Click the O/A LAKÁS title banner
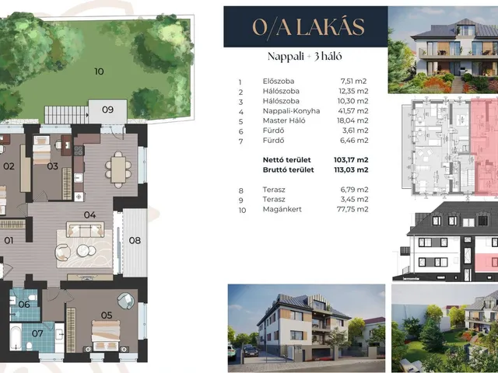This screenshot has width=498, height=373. (306, 27)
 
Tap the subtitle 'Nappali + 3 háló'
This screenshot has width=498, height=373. (304, 57)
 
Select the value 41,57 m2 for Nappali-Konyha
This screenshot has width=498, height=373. (352, 111)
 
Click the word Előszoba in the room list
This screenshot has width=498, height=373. (279, 81)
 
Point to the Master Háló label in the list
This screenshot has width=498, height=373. (284, 120)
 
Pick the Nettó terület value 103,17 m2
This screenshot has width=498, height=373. (351, 160)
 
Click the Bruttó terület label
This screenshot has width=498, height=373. (289, 169)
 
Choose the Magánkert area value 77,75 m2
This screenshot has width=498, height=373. (352, 209)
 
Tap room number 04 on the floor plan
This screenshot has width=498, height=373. (90, 215)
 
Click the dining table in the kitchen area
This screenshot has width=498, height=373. (118, 169)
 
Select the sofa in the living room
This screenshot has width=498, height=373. (85, 230)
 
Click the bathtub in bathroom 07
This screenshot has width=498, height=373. (16, 336)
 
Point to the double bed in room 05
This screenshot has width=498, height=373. (106, 335)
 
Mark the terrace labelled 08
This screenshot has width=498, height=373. (135, 242)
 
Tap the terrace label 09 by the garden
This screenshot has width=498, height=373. (107, 110)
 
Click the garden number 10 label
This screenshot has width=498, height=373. (99, 71)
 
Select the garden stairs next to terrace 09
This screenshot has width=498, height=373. (66, 115)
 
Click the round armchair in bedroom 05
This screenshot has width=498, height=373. (126, 301)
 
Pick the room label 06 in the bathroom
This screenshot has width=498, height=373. (24, 305)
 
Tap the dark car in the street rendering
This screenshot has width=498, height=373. (250, 350)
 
